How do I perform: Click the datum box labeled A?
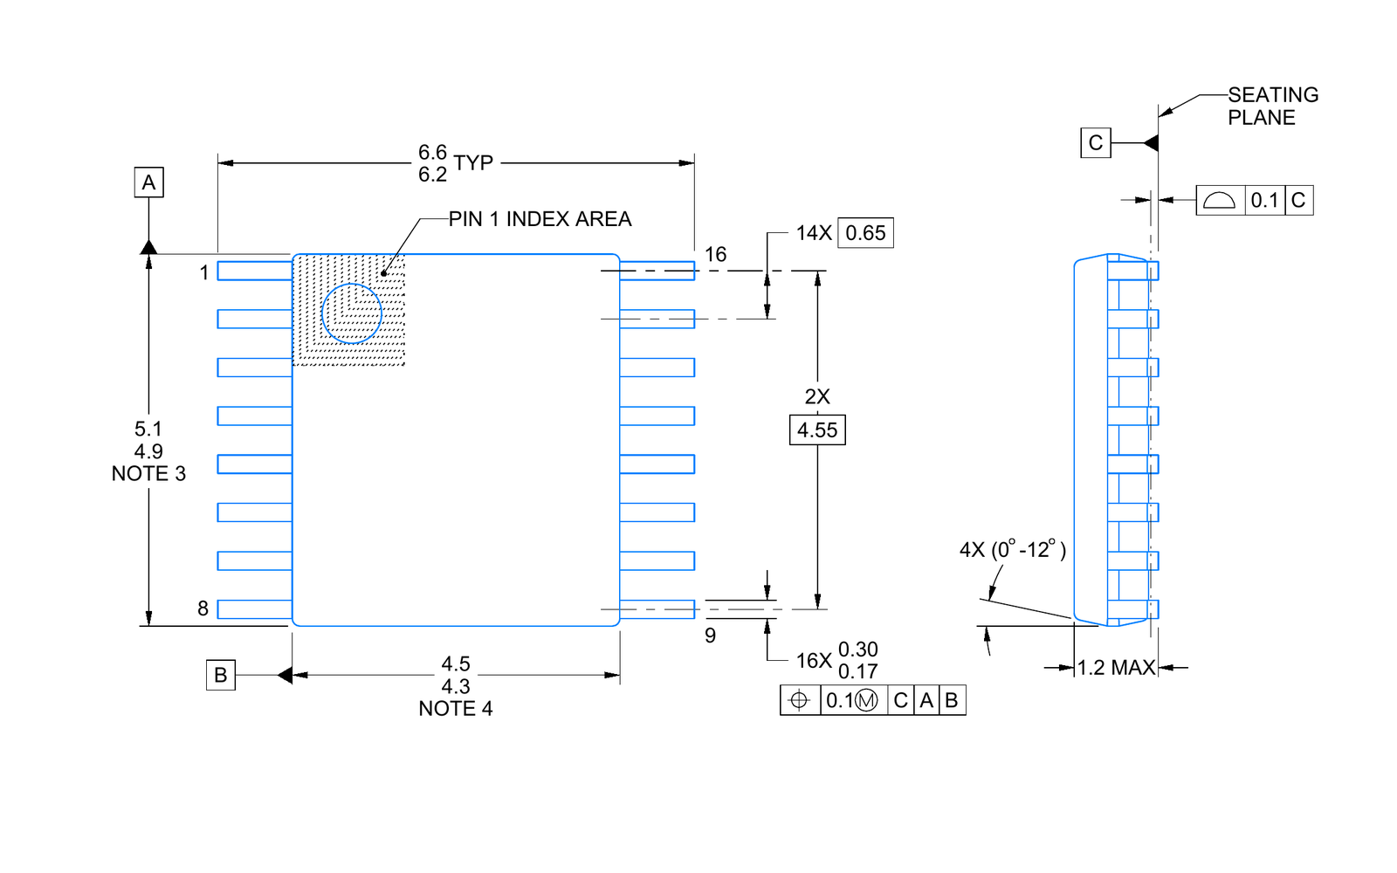149,182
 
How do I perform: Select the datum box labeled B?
221,675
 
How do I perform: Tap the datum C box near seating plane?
1096,143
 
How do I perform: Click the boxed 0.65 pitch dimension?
865,232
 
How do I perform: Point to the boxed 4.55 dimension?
817,430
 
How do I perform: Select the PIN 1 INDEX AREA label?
540,219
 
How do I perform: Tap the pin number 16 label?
715,254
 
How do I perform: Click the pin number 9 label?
711,636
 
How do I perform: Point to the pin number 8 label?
203,608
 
